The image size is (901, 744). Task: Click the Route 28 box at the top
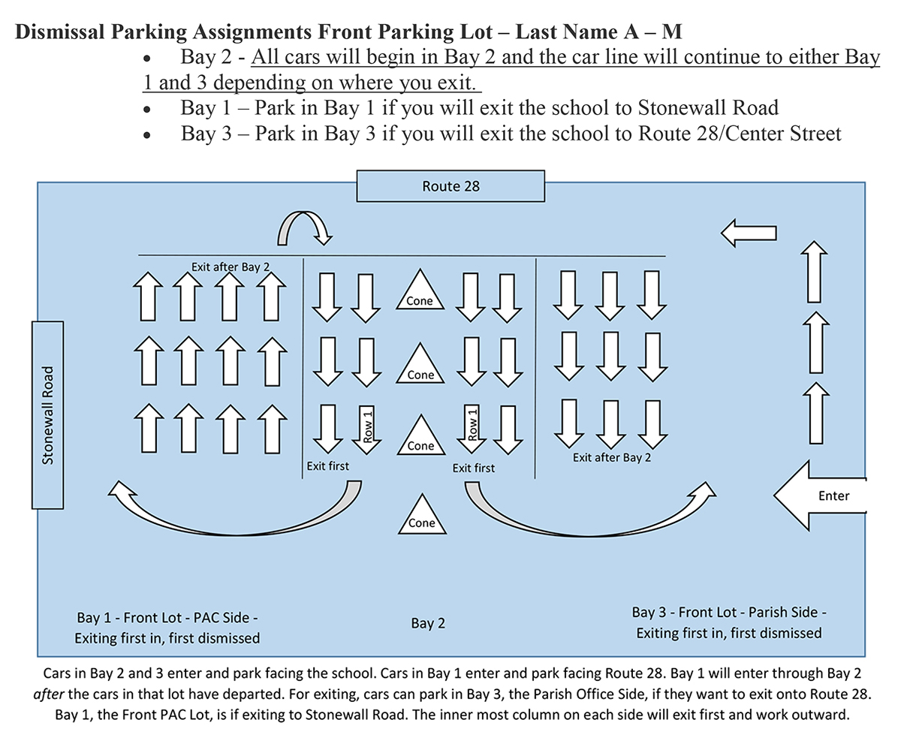[450, 186]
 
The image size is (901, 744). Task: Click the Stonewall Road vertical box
[47, 414]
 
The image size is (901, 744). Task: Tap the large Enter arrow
[821, 495]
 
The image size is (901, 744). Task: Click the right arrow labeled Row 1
[472, 429]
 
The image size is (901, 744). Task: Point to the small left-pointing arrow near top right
[749, 233]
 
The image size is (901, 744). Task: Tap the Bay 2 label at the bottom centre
[428, 623]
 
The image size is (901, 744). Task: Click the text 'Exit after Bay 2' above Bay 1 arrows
[230, 267]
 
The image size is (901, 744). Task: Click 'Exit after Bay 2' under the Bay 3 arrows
[612, 457]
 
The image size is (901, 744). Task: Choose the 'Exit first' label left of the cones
[328, 466]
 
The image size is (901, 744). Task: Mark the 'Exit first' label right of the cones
[474, 468]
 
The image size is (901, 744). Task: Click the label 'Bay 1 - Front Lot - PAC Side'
[167, 618]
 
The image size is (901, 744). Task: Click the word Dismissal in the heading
[61, 32]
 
